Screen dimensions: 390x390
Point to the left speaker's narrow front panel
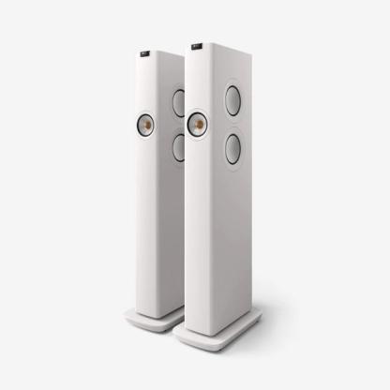(149, 206)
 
